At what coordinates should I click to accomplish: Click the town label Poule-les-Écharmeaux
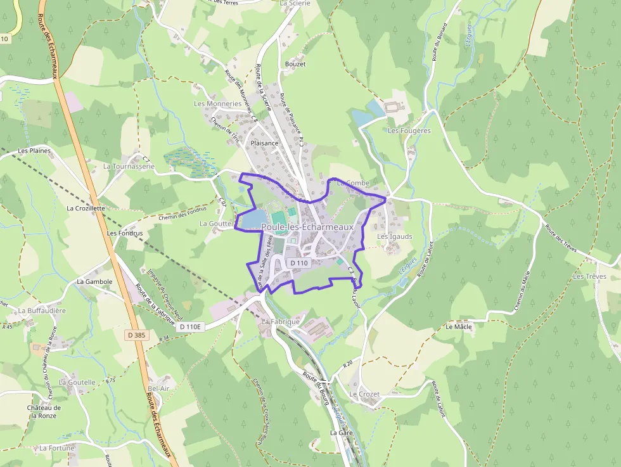click(x=307, y=227)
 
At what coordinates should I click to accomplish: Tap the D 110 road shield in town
click(x=299, y=263)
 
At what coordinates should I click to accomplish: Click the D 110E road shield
click(x=189, y=327)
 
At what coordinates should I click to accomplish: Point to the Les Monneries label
click(x=217, y=104)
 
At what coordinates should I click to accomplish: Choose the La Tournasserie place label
click(x=129, y=167)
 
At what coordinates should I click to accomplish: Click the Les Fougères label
click(x=409, y=131)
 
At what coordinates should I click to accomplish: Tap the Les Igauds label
click(x=395, y=237)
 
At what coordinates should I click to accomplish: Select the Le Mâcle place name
click(x=458, y=327)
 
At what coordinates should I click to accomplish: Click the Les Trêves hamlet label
click(x=589, y=277)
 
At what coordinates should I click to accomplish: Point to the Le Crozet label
click(x=364, y=394)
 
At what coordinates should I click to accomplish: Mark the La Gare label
click(x=341, y=433)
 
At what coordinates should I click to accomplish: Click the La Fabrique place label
click(x=280, y=322)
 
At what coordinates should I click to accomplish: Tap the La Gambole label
click(x=94, y=281)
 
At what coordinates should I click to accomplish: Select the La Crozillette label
click(x=86, y=208)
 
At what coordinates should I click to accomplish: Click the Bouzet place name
click(x=295, y=65)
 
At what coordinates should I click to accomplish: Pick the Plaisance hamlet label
click(x=264, y=143)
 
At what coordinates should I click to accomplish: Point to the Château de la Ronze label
click(x=44, y=412)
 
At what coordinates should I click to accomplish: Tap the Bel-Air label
click(x=158, y=388)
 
